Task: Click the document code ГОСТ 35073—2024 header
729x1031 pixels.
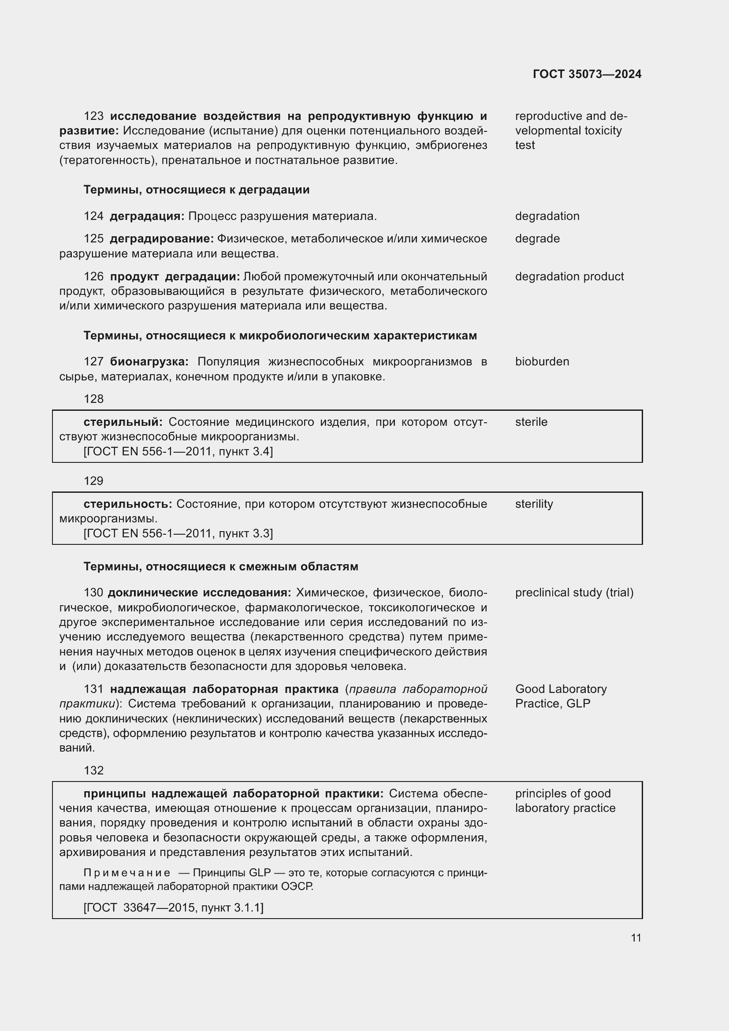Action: coord(587,74)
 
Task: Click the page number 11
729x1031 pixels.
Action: coord(636,938)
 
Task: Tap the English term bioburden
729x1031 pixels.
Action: coord(542,361)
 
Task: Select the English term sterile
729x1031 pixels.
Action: coord(531,422)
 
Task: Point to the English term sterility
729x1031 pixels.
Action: coord(534,504)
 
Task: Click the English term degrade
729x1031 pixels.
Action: coord(537,238)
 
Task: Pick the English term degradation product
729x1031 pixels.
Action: coord(569,277)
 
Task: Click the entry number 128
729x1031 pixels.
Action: coord(93,399)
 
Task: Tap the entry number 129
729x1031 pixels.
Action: coord(93,481)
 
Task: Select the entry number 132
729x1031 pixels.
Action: coord(93,770)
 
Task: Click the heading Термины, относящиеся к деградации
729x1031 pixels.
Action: coord(196,190)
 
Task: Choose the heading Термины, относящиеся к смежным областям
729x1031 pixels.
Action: coord(221,567)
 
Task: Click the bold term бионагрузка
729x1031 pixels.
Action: coord(149,361)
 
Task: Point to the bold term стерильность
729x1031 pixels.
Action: coord(127,504)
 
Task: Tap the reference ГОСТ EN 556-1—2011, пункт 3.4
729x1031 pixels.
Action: coord(178,451)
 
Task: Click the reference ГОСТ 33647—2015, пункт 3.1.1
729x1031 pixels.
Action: coord(174,908)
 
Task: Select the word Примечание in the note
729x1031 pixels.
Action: coord(126,872)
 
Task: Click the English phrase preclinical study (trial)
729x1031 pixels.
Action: coord(574,593)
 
